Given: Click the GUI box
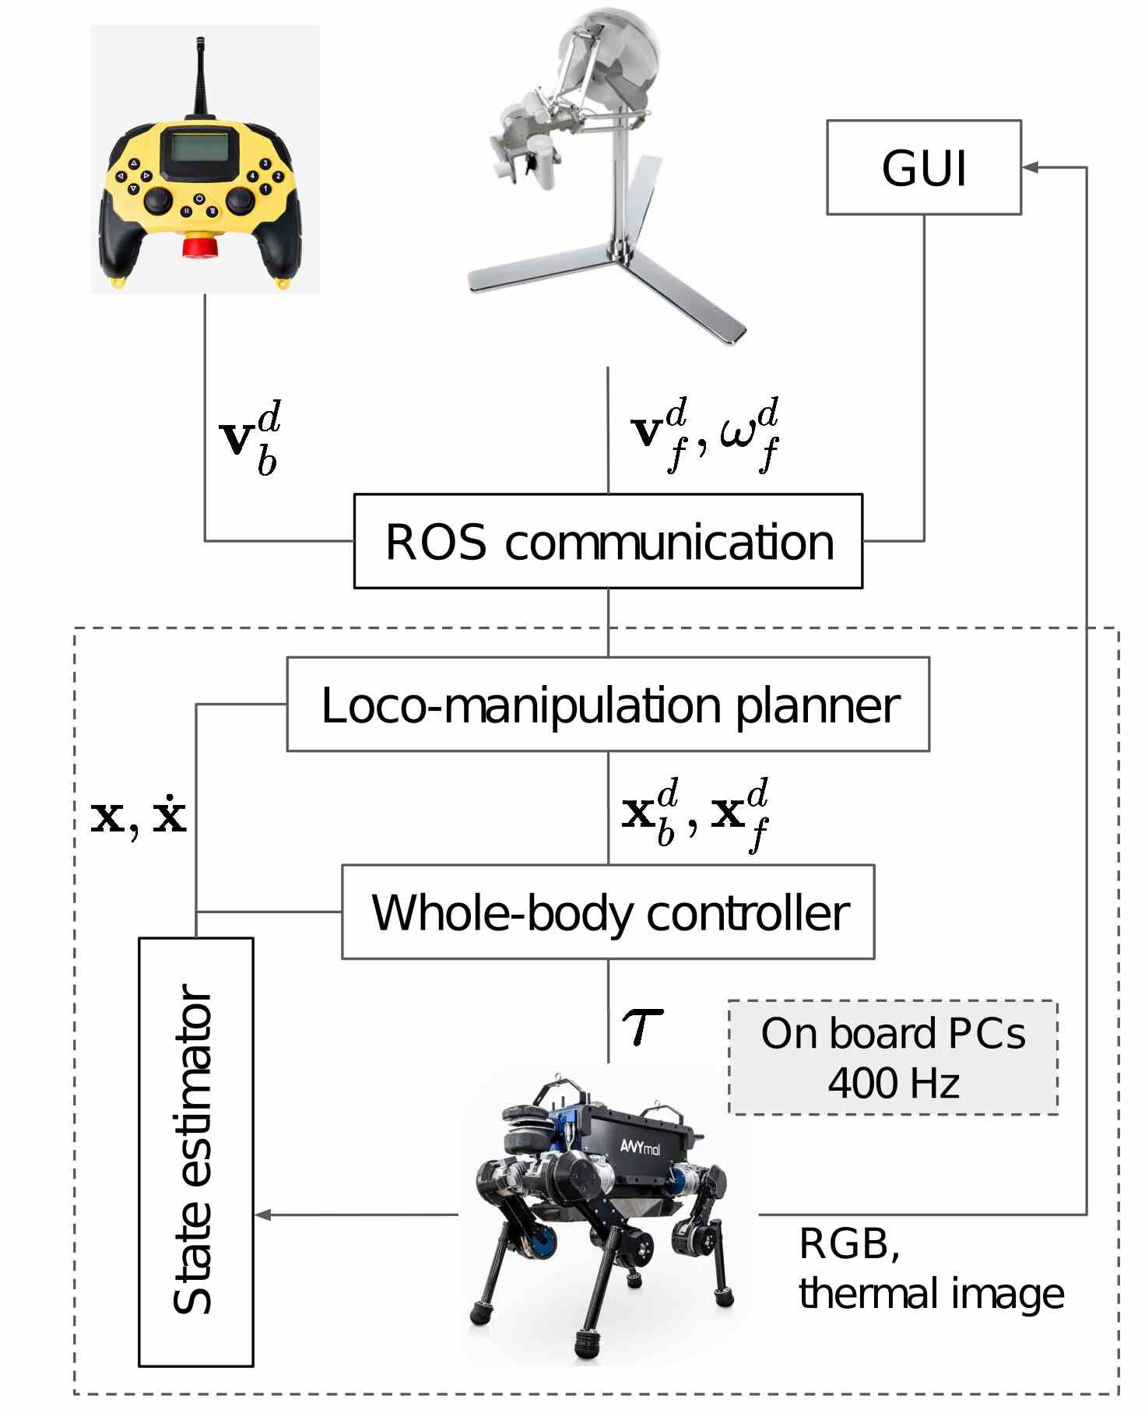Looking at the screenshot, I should pos(923,167).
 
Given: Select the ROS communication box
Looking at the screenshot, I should pos(608,541).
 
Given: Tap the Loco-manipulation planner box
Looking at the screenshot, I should pos(608,705).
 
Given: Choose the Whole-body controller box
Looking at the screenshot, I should pos(608,912).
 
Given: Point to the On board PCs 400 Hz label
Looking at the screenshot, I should pos(893,1057).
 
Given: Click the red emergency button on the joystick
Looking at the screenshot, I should pos(199,247).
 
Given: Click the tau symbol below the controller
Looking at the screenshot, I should pos(642,1027).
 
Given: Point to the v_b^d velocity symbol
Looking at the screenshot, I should pos(250,438).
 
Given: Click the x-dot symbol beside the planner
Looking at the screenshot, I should pos(169,815).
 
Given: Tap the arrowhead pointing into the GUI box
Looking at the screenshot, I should pos(1031,167).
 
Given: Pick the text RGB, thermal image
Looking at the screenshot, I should pos(930,1269).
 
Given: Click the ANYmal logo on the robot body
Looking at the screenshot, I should pos(640,1146).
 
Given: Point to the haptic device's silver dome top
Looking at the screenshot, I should pos(615,47).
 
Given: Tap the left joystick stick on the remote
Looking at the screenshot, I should pos(159,200).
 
